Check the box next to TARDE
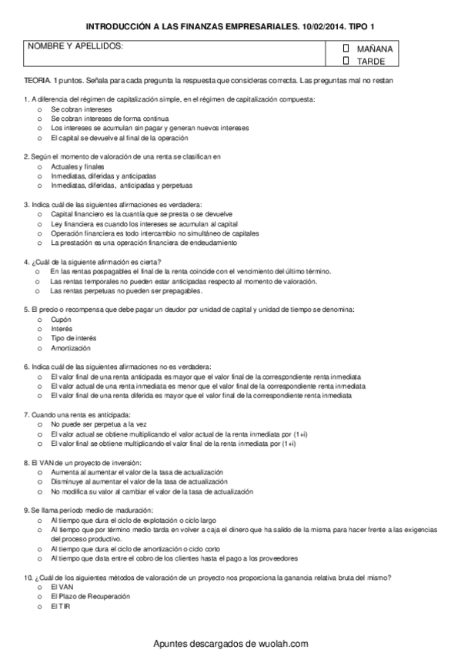tap(346, 60)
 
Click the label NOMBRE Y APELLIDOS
tap(75, 48)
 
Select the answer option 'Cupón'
tap(61, 318)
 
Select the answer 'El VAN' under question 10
tap(60, 587)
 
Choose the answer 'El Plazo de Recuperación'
tap(89, 596)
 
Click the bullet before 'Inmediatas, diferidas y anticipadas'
tap(39, 176)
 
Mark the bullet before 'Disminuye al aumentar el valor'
tap(39, 481)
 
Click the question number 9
tap(27, 510)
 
